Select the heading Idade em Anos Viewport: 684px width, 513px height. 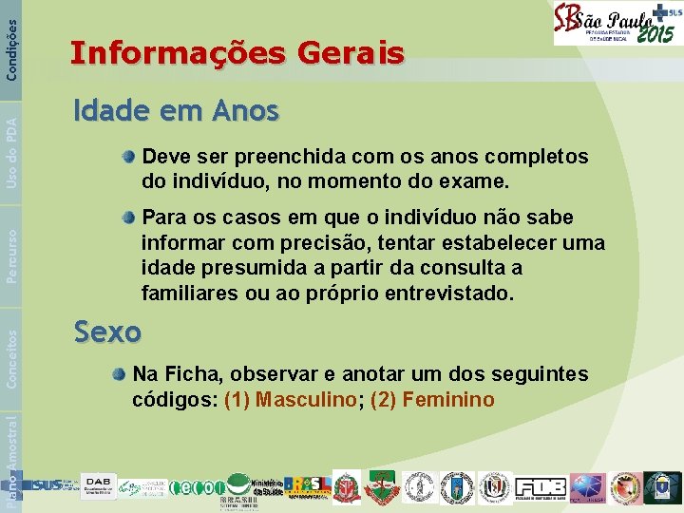click(x=177, y=112)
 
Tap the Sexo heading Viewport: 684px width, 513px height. click(x=107, y=332)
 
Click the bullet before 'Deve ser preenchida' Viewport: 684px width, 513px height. click(x=128, y=156)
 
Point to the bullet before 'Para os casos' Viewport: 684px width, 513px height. click(x=128, y=218)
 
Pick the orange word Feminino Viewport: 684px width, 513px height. click(x=448, y=400)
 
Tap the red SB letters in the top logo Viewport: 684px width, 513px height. click(x=568, y=23)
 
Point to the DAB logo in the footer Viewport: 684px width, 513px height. click(x=99, y=484)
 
